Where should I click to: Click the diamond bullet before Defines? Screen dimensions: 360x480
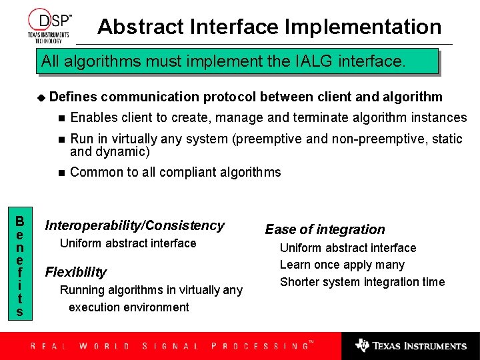pyautogui.click(x=42, y=97)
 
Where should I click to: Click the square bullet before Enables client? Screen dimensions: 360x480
pyautogui.click(x=61, y=118)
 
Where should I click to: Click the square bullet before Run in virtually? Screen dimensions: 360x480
pyautogui.click(x=61, y=139)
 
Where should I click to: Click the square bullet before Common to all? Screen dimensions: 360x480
pyautogui.click(x=61, y=173)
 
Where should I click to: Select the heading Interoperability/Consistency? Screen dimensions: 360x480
pyautogui.click(x=134, y=226)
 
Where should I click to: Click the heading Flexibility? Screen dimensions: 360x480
pyautogui.click(x=75, y=272)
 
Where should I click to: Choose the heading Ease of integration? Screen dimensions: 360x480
pyautogui.click(x=325, y=230)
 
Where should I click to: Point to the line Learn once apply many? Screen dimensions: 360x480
pyautogui.click(x=342, y=265)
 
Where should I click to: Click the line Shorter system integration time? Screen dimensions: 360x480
pyautogui.click(x=362, y=282)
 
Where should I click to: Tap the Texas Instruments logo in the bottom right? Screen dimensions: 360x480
pyautogui.click(x=411, y=345)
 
